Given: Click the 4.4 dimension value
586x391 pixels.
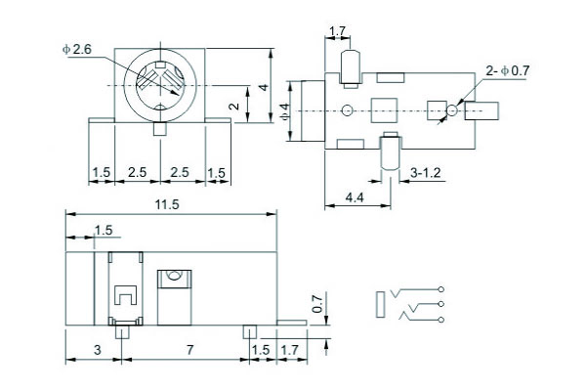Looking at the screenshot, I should (355, 197).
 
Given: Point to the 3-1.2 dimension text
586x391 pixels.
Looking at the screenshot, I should (426, 172).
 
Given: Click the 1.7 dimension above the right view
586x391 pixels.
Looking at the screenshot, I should (337, 33).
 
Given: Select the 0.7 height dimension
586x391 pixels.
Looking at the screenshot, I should (315, 304).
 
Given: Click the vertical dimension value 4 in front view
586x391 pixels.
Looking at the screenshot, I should (265, 88).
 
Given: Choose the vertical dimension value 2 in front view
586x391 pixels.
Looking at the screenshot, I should (232, 107).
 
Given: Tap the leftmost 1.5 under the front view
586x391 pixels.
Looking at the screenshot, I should (102, 173).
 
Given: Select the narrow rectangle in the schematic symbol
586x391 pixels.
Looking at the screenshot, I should (381, 303).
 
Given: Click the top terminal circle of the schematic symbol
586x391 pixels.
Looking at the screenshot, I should (442, 289).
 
